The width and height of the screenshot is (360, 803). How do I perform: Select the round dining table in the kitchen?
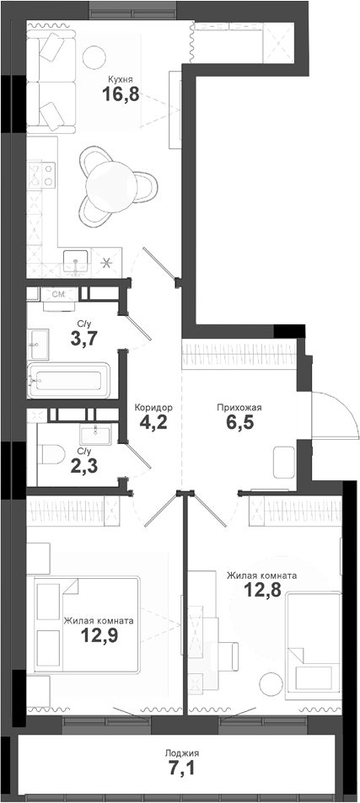tap(110, 180)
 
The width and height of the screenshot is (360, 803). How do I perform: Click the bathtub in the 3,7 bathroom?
tap(67, 380)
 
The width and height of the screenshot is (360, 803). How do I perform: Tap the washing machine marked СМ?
tap(59, 294)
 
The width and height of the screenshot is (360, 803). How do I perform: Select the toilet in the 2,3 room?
tap(51, 455)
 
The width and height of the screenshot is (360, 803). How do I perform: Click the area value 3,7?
tap(83, 341)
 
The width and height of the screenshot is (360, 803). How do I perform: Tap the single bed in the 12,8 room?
tap(313, 641)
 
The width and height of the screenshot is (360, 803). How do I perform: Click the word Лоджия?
tap(183, 752)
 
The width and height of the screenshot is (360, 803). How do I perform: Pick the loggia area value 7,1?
tap(183, 770)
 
